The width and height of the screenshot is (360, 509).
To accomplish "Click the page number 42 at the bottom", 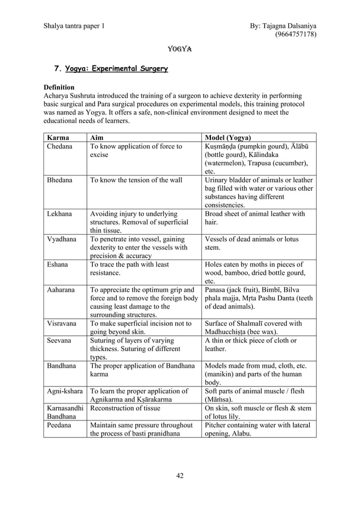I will pos(180,475).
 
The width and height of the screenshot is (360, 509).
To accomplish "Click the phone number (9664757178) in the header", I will pos(295,34).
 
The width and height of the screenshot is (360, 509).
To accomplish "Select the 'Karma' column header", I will pos(59,138).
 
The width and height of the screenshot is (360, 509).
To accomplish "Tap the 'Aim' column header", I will pos(97,138).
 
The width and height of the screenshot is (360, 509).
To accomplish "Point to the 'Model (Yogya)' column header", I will pos(229,138).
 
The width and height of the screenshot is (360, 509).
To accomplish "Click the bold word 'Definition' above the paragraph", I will pos(59,87).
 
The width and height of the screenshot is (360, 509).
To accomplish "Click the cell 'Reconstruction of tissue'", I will pos(125,408).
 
